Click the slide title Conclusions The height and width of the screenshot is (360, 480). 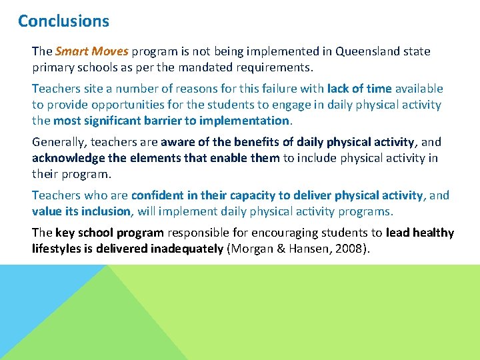click(63, 21)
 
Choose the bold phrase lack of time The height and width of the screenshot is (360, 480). click(359, 89)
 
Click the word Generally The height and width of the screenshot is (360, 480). click(59, 142)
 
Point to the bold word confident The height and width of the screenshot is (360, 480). click(157, 195)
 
